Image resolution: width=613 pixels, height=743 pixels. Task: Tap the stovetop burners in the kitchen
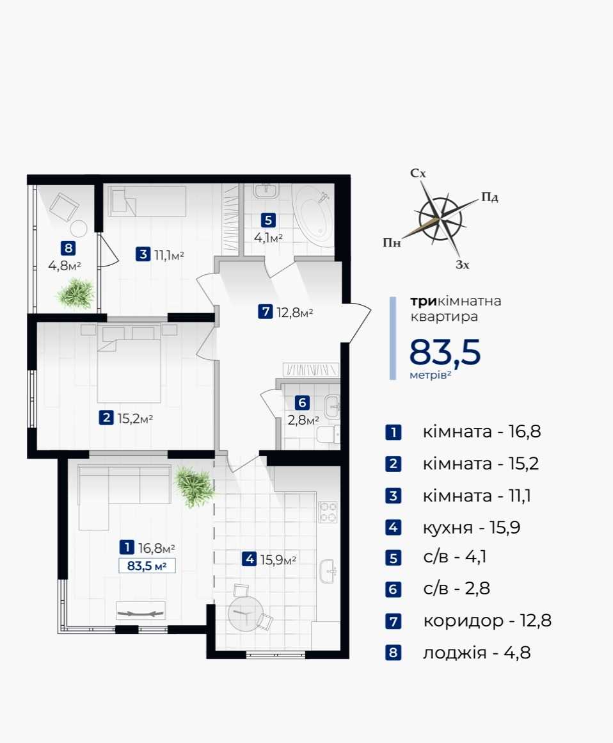(x=328, y=512)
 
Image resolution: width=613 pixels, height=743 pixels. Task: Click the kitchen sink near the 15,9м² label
(x=328, y=571)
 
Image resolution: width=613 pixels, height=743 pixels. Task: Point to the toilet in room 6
(x=328, y=434)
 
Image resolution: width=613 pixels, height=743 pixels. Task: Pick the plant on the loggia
(x=76, y=294)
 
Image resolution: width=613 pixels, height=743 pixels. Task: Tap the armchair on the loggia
(x=64, y=206)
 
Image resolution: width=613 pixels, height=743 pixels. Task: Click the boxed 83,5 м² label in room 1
(x=147, y=566)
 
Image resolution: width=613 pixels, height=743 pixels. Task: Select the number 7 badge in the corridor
(x=265, y=312)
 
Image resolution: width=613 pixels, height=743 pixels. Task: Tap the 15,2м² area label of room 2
(x=135, y=418)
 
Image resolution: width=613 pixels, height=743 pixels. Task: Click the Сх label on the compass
(x=418, y=174)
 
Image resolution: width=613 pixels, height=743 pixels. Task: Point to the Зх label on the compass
(x=463, y=265)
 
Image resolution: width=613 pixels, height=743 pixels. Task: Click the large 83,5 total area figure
(x=445, y=352)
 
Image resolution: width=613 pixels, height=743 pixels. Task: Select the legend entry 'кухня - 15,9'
(x=472, y=527)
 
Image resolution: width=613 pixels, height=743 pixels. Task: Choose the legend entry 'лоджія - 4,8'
(x=477, y=653)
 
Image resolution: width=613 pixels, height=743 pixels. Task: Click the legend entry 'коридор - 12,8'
(x=487, y=621)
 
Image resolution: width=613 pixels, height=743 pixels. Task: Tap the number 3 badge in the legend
(x=394, y=496)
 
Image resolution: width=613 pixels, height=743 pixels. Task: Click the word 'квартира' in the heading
(x=444, y=316)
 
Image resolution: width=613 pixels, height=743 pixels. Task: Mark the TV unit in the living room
(x=141, y=611)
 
